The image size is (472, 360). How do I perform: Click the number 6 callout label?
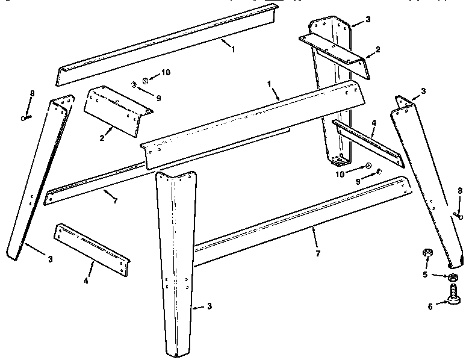(430, 307)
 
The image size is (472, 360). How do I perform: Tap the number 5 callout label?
(425, 275)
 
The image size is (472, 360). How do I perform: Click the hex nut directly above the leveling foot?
(453, 277)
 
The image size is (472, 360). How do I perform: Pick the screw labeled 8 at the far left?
(26, 118)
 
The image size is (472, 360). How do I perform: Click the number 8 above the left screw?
(32, 93)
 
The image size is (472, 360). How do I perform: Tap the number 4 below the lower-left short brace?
(86, 281)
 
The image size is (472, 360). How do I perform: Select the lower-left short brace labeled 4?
(92, 249)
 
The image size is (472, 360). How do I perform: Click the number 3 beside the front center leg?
(210, 306)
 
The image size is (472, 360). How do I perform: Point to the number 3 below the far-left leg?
(51, 259)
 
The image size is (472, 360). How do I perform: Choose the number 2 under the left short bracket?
(102, 138)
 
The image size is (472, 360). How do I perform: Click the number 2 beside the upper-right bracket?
(377, 49)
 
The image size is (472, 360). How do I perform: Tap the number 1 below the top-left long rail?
(232, 49)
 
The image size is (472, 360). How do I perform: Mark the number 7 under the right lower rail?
(318, 253)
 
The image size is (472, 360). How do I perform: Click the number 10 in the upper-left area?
(166, 72)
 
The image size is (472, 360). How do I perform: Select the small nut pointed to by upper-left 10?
(146, 81)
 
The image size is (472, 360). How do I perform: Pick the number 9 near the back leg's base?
(358, 182)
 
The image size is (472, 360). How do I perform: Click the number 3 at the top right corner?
(368, 19)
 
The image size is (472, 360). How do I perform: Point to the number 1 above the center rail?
(269, 84)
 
